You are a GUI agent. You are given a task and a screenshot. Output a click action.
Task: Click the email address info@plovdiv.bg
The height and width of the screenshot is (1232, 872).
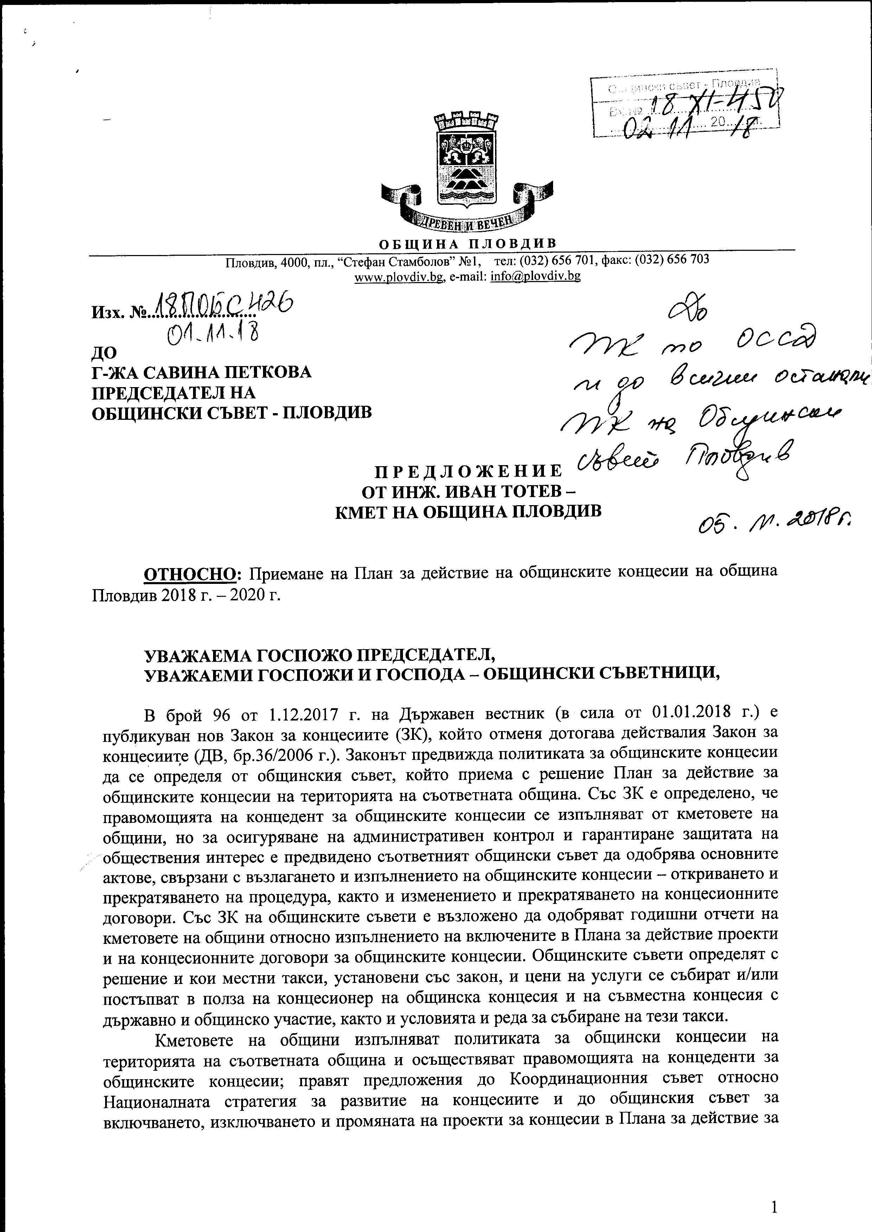(536, 277)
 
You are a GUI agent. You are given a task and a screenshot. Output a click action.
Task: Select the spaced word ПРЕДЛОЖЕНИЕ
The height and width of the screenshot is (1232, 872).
(467, 472)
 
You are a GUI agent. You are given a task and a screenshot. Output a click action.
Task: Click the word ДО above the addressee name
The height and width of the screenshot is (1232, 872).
(105, 353)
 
